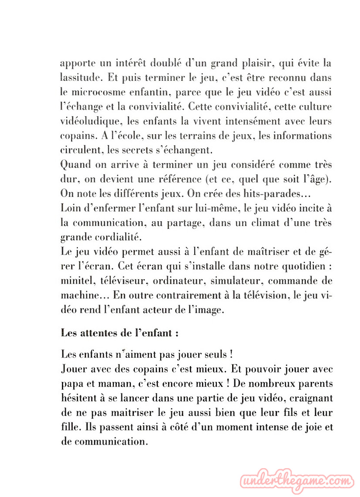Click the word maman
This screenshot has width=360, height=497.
(x=112, y=383)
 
